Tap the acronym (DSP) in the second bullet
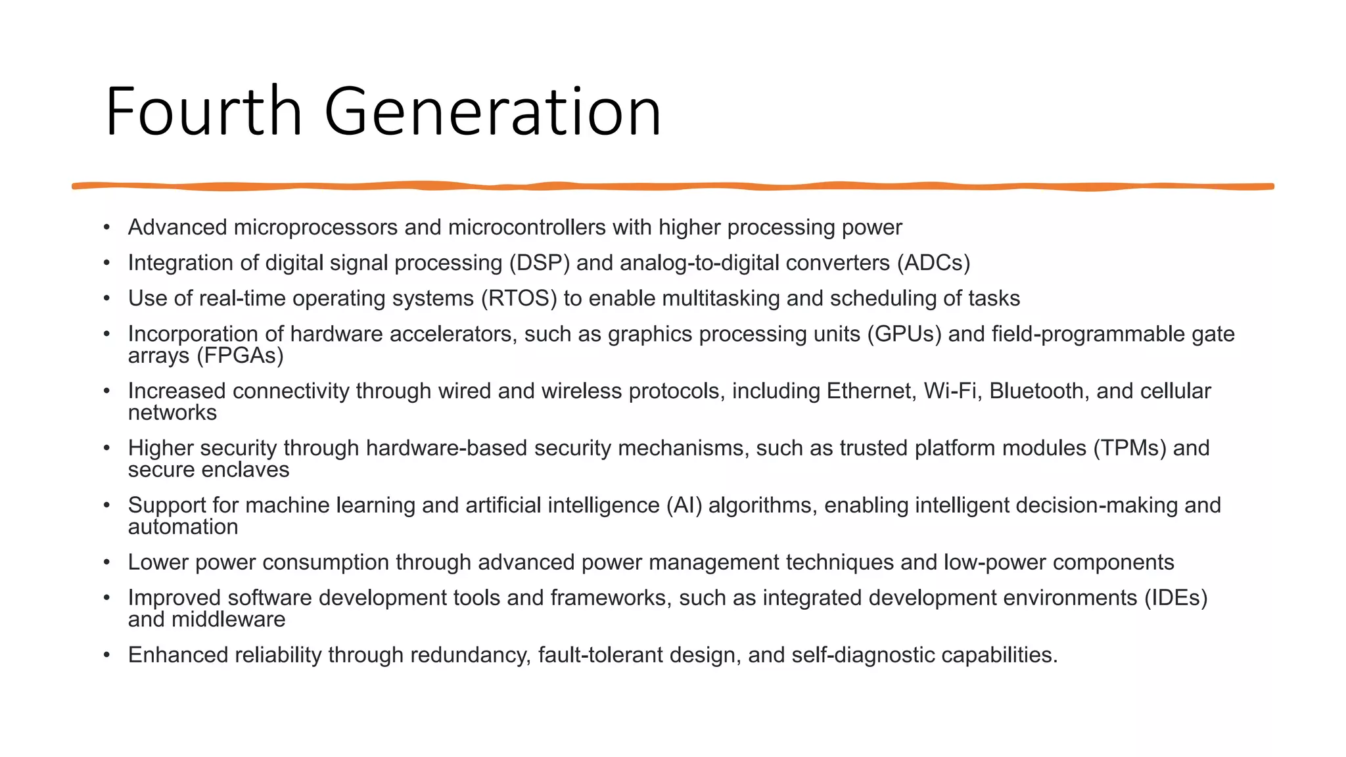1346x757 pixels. click(x=539, y=263)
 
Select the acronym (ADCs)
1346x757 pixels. click(x=934, y=263)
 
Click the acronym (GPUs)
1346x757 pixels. click(x=904, y=334)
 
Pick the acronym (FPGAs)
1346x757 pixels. click(x=240, y=356)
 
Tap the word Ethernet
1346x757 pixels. click(x=871, y=391)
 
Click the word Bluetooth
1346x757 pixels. click(x=1036, y=391)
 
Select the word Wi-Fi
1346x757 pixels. click(x=950, y=391)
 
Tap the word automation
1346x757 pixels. click(x=183, y=527)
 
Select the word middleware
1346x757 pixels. click(x=228, y=620)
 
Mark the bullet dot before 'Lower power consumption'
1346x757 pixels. click(x=106, y=562)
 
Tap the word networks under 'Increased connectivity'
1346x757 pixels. click(x=172, y=413)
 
